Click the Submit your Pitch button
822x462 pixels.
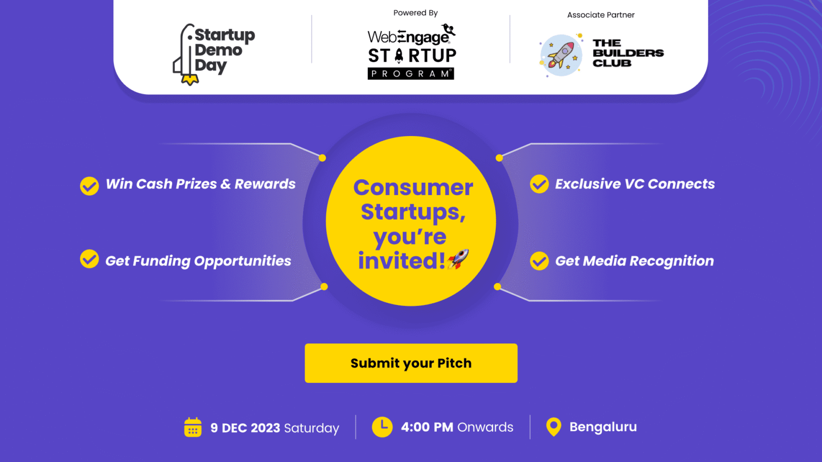[411, 363]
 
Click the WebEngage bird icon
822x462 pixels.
[449, 29]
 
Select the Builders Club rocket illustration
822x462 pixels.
[561, 55]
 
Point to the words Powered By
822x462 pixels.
[416, 13]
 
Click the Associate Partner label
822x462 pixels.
[601, 15]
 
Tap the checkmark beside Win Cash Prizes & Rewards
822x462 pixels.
[89, 186]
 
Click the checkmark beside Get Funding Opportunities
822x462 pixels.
[89, 259]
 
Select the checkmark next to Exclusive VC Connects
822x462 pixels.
[539, 184]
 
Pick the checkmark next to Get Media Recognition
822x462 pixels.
[539, 261]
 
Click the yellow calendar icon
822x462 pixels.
[193, 427]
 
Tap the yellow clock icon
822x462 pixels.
[382, 427]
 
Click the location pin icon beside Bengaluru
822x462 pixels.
[554, 427]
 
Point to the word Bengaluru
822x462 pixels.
[603, 427]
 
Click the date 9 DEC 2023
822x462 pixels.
[245, 428]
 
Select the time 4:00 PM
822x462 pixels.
[427, 427]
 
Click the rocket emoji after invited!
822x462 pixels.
[458, 259]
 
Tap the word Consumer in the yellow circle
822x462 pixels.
[413, 187]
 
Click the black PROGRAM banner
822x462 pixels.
[411, 74]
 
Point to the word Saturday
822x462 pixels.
[311, 428]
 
